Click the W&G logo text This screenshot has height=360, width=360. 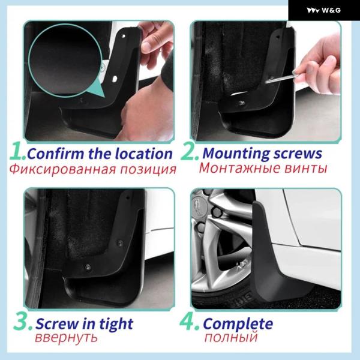pyautogui.click(x=331, y=10)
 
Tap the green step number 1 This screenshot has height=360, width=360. pyautogui.click(x=17, y=151)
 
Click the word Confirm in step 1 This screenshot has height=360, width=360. pyautogui.click(x=55, y=154)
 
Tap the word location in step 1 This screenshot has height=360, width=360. pyautogui.click(x=144, y=154)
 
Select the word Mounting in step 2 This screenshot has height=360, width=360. pyautogui.click(x=236, y=154)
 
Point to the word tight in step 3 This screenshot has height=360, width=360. pyautogui.click(x=116, y=324)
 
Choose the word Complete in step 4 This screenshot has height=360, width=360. pyautogui.click(x=238, y=324)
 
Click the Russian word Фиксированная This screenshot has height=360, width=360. pyautogui.click(x=62, y=169)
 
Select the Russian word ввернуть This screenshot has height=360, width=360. pyautogui.click(x=66, y=337)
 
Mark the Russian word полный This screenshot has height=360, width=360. pyautogui.click(x=231, y=337)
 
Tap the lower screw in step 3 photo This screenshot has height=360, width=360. pyautogui.click(x=88, y=267)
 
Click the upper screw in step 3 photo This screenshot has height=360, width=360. pyautogui.click(x=119, y=242)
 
